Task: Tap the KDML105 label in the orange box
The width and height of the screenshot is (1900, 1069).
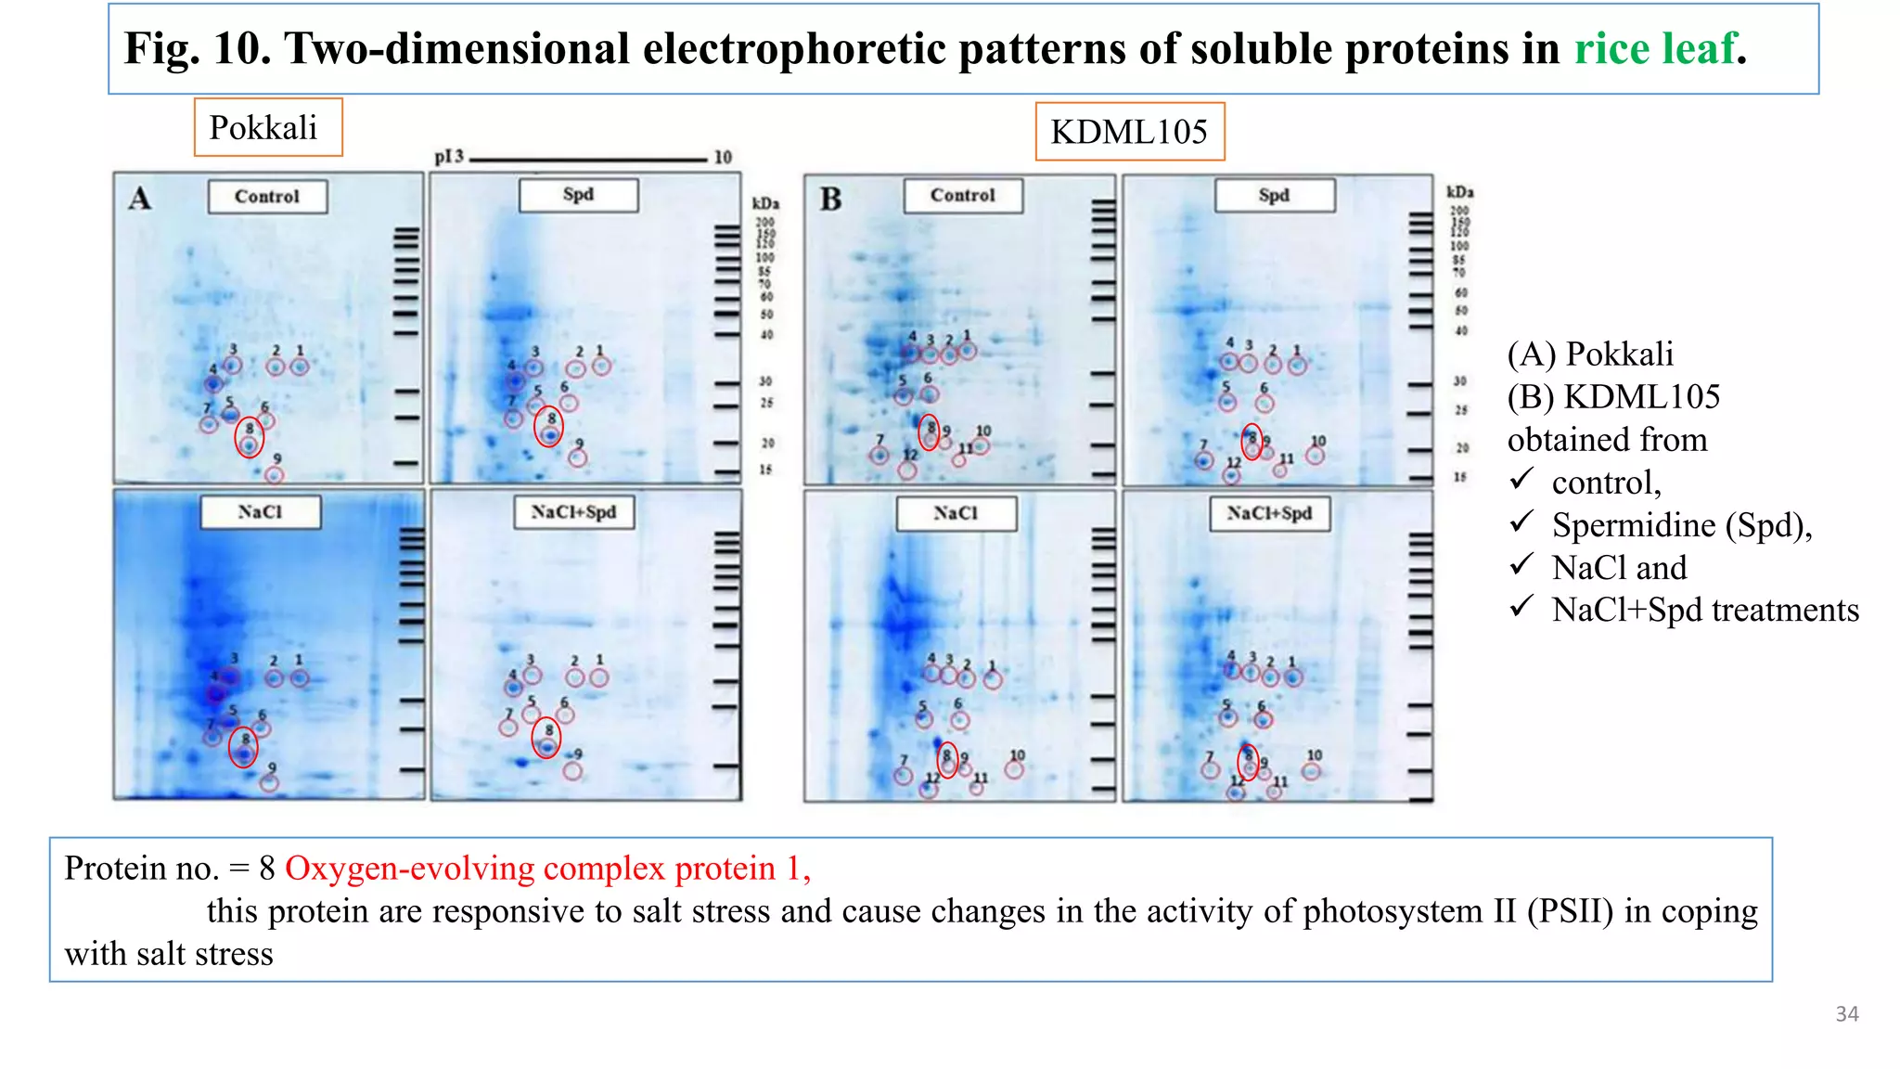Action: click(x=1129, y=132)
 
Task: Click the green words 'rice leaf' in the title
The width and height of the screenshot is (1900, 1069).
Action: click(x=1654, y=48)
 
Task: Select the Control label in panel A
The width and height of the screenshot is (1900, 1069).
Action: click(x=267, y=197)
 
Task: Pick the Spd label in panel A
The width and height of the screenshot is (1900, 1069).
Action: click(x=578, y=195)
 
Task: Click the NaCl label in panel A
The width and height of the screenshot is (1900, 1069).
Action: click(x=260, y=512)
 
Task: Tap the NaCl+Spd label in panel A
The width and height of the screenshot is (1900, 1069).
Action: click(x=573, y=512)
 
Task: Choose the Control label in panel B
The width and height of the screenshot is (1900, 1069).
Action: click(x=963, y=196)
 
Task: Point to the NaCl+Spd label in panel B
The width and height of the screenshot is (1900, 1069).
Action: click(x=1269, y=513)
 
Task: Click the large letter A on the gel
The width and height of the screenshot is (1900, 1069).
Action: click(x=139, y=199)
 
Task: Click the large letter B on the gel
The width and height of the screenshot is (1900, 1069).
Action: click(x=830, y=200)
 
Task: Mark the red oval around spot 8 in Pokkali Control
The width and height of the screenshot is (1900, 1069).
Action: click(x=249, y=437)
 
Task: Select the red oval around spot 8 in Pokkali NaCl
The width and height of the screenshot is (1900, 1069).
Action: click(x=243, y=747)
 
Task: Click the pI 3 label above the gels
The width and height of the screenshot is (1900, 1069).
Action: click(x=449, y=157)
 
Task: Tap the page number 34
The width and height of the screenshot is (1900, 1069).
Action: click(x=1846, y=1014)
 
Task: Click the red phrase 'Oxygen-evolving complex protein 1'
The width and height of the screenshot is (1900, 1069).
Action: click(x=547, y=869)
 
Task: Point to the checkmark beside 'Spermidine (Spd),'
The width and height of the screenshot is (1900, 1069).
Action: click(x=1521, y=523)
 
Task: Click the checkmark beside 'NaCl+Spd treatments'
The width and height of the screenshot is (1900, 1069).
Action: click(x=1521, y=608)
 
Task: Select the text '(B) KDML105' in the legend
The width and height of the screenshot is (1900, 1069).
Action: click(x=1613, y=397)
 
